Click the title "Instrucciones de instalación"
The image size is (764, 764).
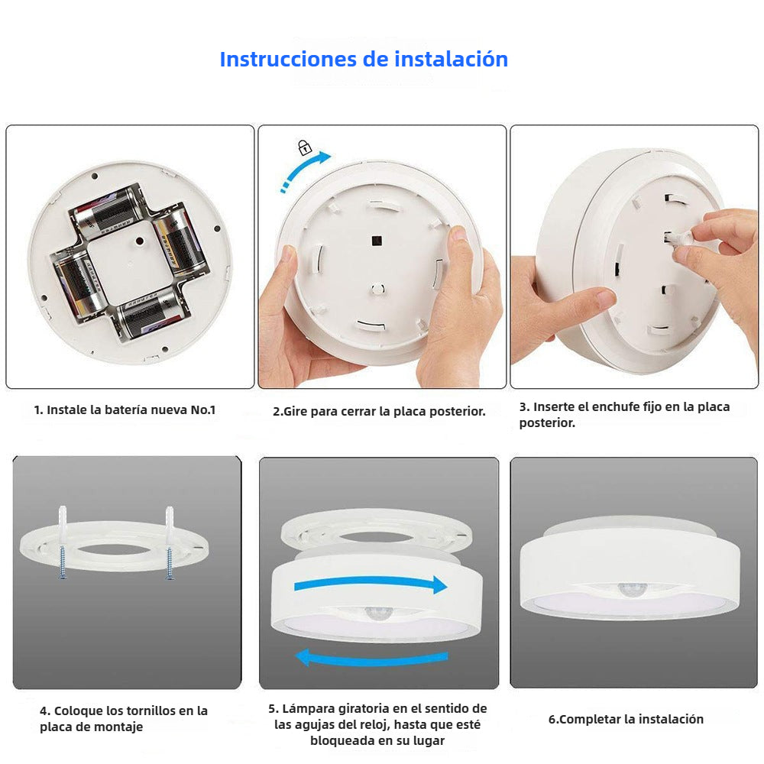(x=364, y=59)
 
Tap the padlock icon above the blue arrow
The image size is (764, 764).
(x=305, y=147)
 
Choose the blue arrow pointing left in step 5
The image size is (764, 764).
(x=371, y=656)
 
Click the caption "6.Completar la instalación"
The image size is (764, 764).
(x=626, y=719)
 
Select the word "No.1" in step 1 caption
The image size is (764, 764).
(x=203, y=410)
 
